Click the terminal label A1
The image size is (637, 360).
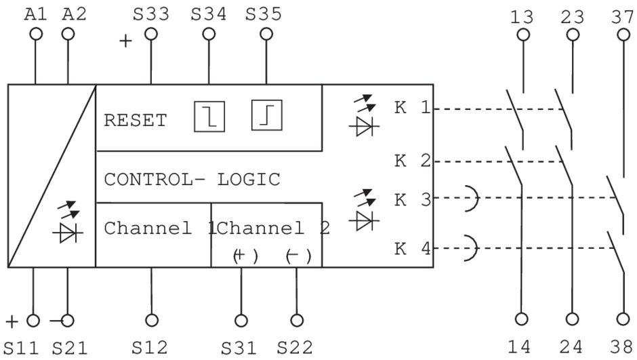pos(35,14)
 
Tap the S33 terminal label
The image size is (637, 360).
pos(151,14)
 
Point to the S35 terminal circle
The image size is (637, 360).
pos(266,33)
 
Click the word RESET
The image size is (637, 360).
pos(135,121)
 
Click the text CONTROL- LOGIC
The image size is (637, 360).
pos(192,180)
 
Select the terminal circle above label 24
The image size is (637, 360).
pos(573,319)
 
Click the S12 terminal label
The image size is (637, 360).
pos(151,347)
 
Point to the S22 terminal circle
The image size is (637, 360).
pos(296,319)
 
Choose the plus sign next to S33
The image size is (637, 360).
pos(125,41)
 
